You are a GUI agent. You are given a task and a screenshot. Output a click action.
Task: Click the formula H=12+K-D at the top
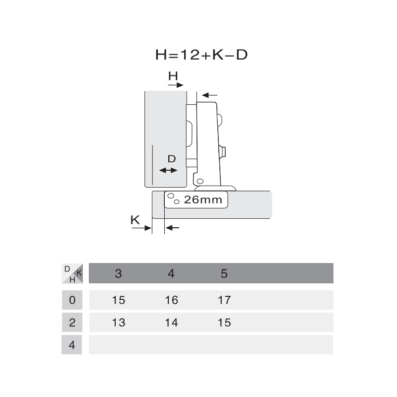(201, 55)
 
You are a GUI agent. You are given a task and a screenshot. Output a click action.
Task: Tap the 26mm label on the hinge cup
(203, 200)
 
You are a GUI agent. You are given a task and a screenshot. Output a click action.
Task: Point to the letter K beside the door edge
(135, 220)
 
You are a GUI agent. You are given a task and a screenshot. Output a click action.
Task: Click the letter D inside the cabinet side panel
(172, 159)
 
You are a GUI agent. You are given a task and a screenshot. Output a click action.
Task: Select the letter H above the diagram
(173, 76)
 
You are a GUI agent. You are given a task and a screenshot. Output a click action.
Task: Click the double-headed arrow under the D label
(168, 170)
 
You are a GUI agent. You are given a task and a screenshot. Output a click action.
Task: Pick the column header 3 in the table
(119, 273)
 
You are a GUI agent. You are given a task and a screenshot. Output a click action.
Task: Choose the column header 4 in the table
(171, 273)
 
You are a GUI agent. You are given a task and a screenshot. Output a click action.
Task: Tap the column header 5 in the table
(224, 273)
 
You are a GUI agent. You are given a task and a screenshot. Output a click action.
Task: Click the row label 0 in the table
(72, 300)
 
